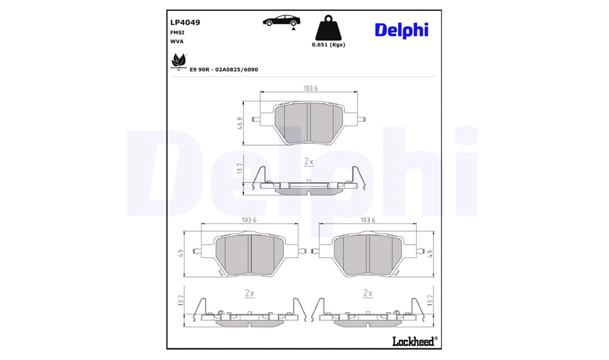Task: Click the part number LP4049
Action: tap(185, 23)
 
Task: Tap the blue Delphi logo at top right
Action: tap(401, 30)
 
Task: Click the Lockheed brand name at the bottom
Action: tap(415, 341)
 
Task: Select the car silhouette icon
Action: tap(282, 21)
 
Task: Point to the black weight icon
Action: tap(328, 28)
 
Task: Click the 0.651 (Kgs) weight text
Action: tap(328, 45)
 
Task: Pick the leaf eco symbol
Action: tap(179, 61)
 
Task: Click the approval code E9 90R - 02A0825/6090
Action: tap(224, 70)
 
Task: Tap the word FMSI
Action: tap(178, 33)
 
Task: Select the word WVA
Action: tap(177, 42)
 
